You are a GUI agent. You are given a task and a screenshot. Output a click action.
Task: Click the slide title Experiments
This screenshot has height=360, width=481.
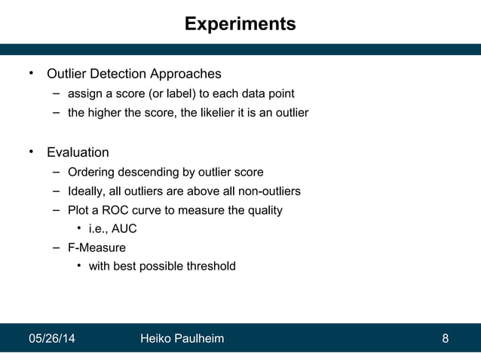point(240,24)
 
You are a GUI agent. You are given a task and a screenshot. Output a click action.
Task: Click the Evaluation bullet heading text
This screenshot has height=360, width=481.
point(78,152)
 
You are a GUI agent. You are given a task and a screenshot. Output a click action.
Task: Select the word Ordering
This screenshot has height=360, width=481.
point(90,172)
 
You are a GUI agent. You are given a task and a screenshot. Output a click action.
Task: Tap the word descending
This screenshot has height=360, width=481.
point(149,172)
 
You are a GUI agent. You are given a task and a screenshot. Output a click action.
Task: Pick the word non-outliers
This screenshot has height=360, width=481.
point(268,191)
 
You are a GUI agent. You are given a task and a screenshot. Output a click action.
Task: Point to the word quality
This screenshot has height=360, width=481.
point(265,211)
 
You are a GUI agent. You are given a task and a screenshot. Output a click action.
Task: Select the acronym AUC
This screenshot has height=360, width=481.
point(123,229)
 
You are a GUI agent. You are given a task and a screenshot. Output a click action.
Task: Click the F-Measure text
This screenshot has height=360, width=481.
point(97,247)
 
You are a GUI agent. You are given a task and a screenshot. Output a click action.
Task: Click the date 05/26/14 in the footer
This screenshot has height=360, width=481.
point(51,338)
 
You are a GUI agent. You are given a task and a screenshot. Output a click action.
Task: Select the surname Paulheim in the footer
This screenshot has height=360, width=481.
point(198,338)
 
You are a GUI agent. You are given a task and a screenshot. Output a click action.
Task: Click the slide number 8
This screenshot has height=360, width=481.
point(445,338)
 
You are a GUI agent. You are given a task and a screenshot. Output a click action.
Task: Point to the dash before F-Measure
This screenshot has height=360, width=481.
point(57,247)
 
